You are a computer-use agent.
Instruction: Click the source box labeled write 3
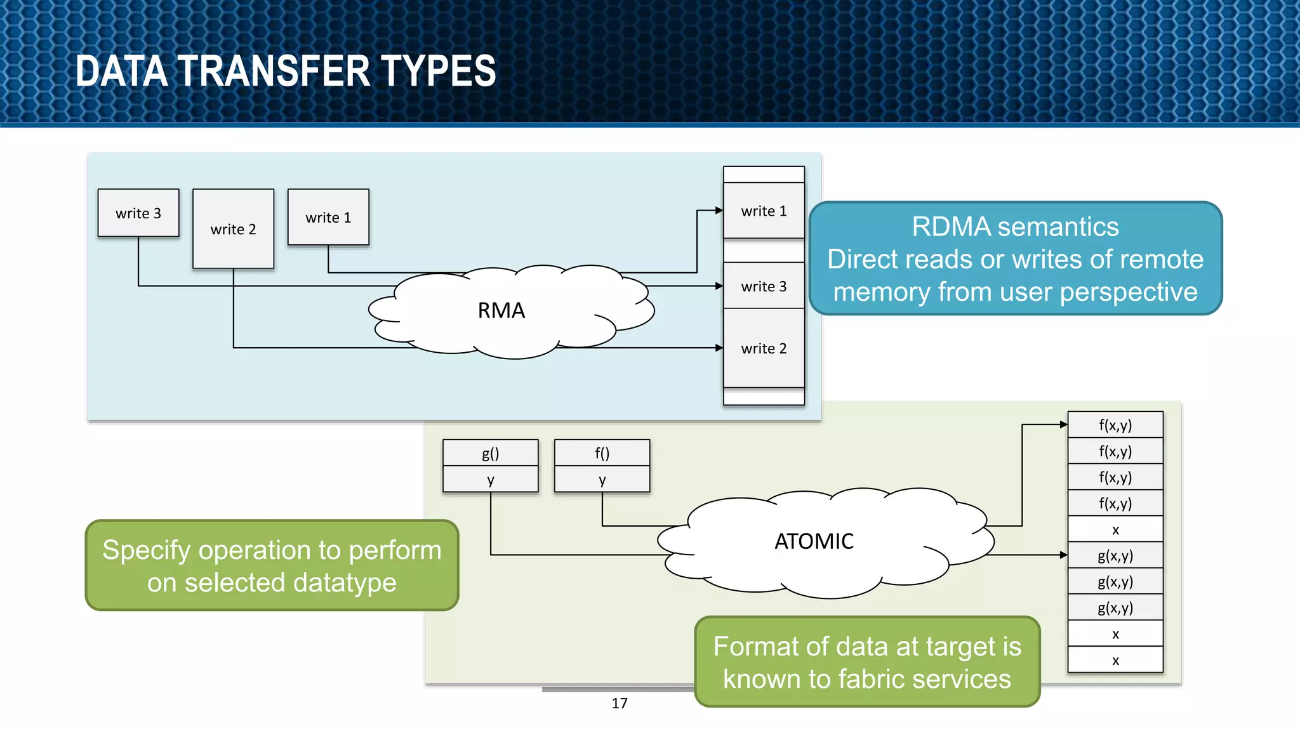coord(138,213)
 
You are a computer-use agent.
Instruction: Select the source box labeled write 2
coord(233,229)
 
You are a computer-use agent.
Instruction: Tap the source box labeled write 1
coord(328,217)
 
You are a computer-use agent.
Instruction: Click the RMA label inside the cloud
coord(501,310)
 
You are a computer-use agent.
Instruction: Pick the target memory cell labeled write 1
coord(764,211)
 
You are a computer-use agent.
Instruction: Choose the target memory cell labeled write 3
coord(764,286)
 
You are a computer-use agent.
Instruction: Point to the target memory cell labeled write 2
coord(764,348)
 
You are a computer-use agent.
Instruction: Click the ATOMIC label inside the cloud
coord(814,541)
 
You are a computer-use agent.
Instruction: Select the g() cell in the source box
coord(490,453)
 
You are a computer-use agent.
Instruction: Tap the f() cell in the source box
coord(602,453)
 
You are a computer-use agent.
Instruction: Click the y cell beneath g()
coord(490,480)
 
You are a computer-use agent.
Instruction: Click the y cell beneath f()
coord(602,480)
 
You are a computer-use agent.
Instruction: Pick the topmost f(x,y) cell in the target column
coord(1115,425)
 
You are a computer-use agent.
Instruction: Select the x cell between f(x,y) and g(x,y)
coord(1115,529)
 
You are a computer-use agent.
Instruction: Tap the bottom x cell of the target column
coord(1115,660)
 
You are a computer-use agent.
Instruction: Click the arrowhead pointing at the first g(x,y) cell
coord(1064,555)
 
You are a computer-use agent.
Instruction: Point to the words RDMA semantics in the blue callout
coord(1015,227)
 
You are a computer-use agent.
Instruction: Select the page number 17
coord(620,703)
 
